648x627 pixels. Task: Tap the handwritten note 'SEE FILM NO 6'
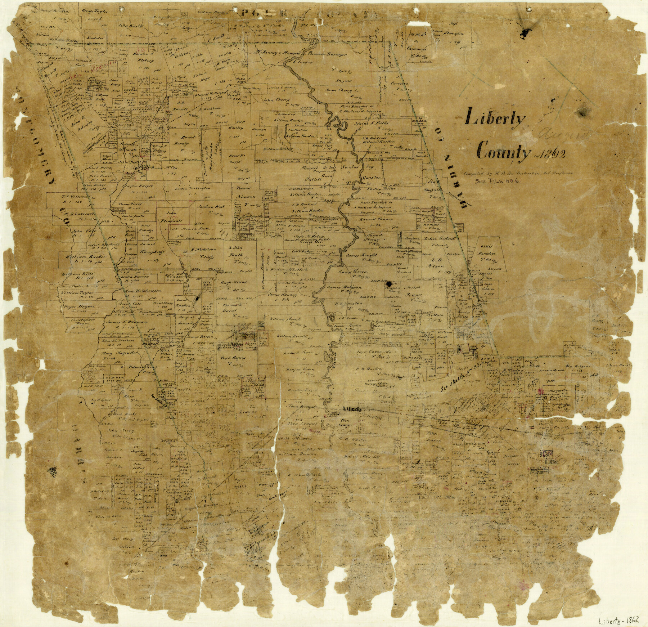[498, 182]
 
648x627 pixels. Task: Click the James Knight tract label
[360, 255]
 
